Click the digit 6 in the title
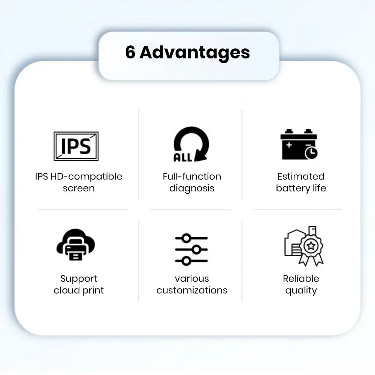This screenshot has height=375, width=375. click(130, 52)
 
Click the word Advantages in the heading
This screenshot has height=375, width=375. click(195, 54)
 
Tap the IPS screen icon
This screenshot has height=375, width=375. click(76, 146)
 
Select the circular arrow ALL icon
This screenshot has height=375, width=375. click(191, 144)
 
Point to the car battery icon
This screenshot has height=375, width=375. click(299, 144)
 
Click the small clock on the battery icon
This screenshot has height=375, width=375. click(311, 153)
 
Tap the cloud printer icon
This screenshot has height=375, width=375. click(76, 245)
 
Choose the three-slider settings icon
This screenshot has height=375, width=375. click(191, 250)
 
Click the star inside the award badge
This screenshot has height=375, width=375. click(311, 245)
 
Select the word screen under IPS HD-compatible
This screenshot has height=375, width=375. click(79, 188)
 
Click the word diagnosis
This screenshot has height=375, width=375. click(192, 188)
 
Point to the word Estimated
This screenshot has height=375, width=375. click(301, 176)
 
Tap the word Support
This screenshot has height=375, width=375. click(79, 279)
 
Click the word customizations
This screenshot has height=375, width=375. click(192, 290)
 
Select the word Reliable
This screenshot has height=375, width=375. click(301, 279)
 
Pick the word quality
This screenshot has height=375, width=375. click(301, 291)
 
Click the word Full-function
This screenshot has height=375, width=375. click(192, 176)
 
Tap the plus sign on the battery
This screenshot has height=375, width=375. click(289, 145)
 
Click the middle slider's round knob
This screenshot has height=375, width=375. click(197, 250)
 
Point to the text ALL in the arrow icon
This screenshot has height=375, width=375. click(183, 157)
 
